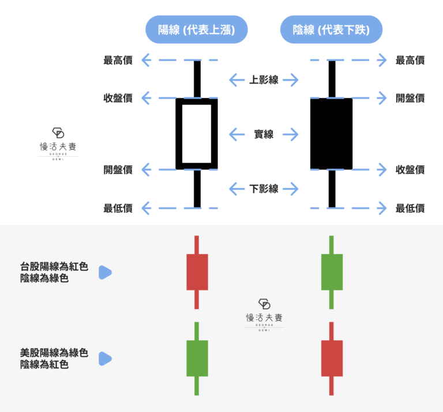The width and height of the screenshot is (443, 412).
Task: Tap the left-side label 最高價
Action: tap(118, 60)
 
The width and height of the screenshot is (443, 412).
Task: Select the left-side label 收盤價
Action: tap(118, 99)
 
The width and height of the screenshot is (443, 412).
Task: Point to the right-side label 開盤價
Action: tap(410, 99)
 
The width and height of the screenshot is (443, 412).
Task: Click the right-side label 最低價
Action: tap(410, 208)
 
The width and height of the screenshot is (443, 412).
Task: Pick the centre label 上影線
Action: tap(264, 80)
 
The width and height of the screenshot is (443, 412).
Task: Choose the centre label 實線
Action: tap(264, 135)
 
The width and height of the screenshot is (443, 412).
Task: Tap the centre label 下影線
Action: tap(264, 188)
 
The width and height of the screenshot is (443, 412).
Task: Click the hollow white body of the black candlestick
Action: tap(197, 134)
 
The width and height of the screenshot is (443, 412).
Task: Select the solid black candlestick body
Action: tap(331, 134)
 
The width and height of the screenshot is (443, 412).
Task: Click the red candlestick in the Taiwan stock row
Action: tap(197, 271)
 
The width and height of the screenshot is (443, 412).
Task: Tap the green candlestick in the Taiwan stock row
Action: tap(331, 271)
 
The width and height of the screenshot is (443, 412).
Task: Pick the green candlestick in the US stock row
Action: tap(197, 358)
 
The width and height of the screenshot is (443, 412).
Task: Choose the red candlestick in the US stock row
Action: tap(331, 358)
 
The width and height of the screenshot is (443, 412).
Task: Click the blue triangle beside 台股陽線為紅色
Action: tap(104, 272)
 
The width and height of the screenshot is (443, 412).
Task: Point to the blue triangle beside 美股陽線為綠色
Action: tap(104, 359)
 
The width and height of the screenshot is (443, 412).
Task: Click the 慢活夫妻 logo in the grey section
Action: tap(264, 315)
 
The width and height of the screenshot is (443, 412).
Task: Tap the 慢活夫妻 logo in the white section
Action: tap(58, 144)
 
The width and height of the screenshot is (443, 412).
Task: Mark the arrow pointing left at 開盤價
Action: tap(146, 169)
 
